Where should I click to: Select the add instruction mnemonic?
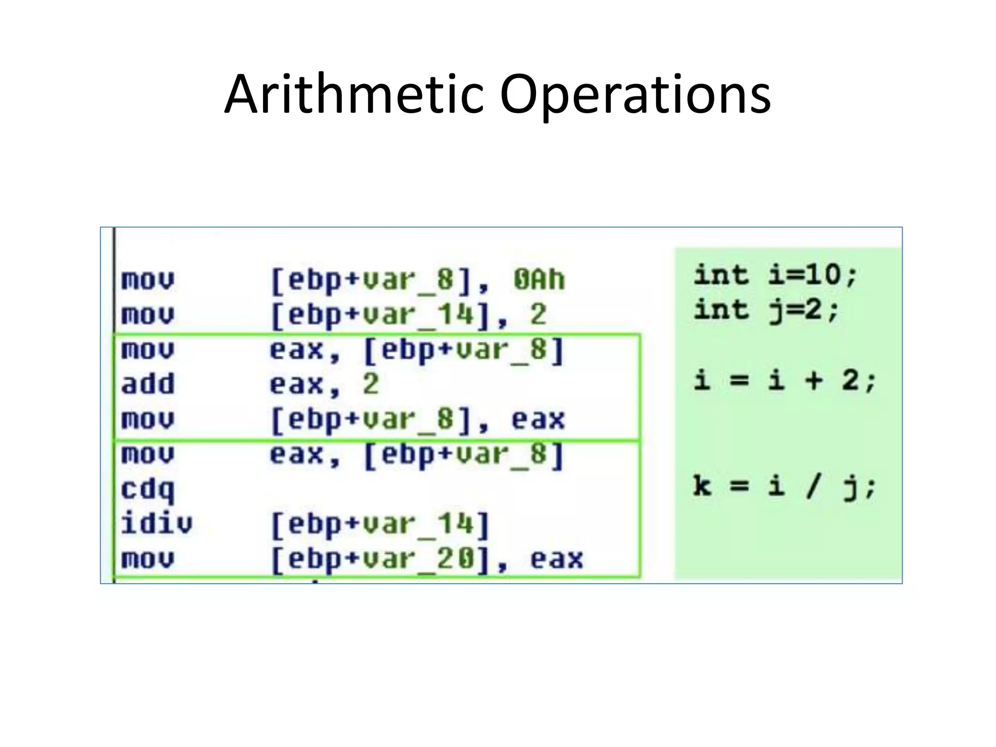point(147,384)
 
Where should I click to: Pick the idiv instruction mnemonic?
point(156,524)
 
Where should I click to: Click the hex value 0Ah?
point(539,280)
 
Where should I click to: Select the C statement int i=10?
point(775,275)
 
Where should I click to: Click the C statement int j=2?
point(766,310)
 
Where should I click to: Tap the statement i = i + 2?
point(784,380)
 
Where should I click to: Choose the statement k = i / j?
point(784,486)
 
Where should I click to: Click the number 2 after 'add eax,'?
point(371,384)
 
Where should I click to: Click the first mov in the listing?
point(147,280)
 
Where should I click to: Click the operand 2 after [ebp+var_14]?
point(538,315)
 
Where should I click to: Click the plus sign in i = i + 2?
point(814,380)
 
